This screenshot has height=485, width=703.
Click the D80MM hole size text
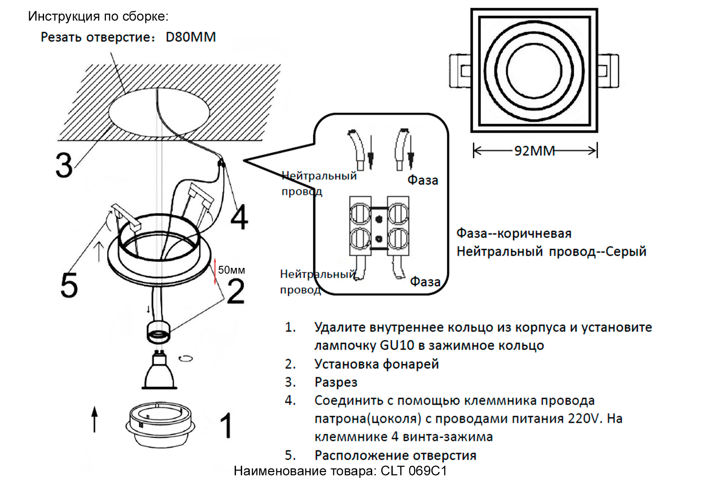[x=190, y=37]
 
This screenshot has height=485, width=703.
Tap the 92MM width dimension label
[x=534, y=151]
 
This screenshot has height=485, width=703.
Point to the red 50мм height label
[x=231, y=270]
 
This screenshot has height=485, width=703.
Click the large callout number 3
[x=64, y=165]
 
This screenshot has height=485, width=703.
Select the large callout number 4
[x=239, y=217]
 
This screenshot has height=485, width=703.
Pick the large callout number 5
[x=69, y=285]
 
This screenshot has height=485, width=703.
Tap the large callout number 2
[x=236, y=291]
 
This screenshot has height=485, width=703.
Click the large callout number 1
[x=227, y=425]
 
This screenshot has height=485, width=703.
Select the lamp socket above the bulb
[x=158, y=331]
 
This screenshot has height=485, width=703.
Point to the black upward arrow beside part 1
[x=95, y=419]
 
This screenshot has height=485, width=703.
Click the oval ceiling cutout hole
[x=159, y=112]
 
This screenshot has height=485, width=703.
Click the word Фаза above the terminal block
[x=423, y=180]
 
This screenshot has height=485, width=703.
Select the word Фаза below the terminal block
[x=425, y=282]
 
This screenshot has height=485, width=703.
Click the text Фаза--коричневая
[x=514, y=233]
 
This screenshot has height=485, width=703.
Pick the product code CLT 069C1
[x=414, y=471]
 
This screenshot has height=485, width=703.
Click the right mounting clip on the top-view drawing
[x=608, y=71]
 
